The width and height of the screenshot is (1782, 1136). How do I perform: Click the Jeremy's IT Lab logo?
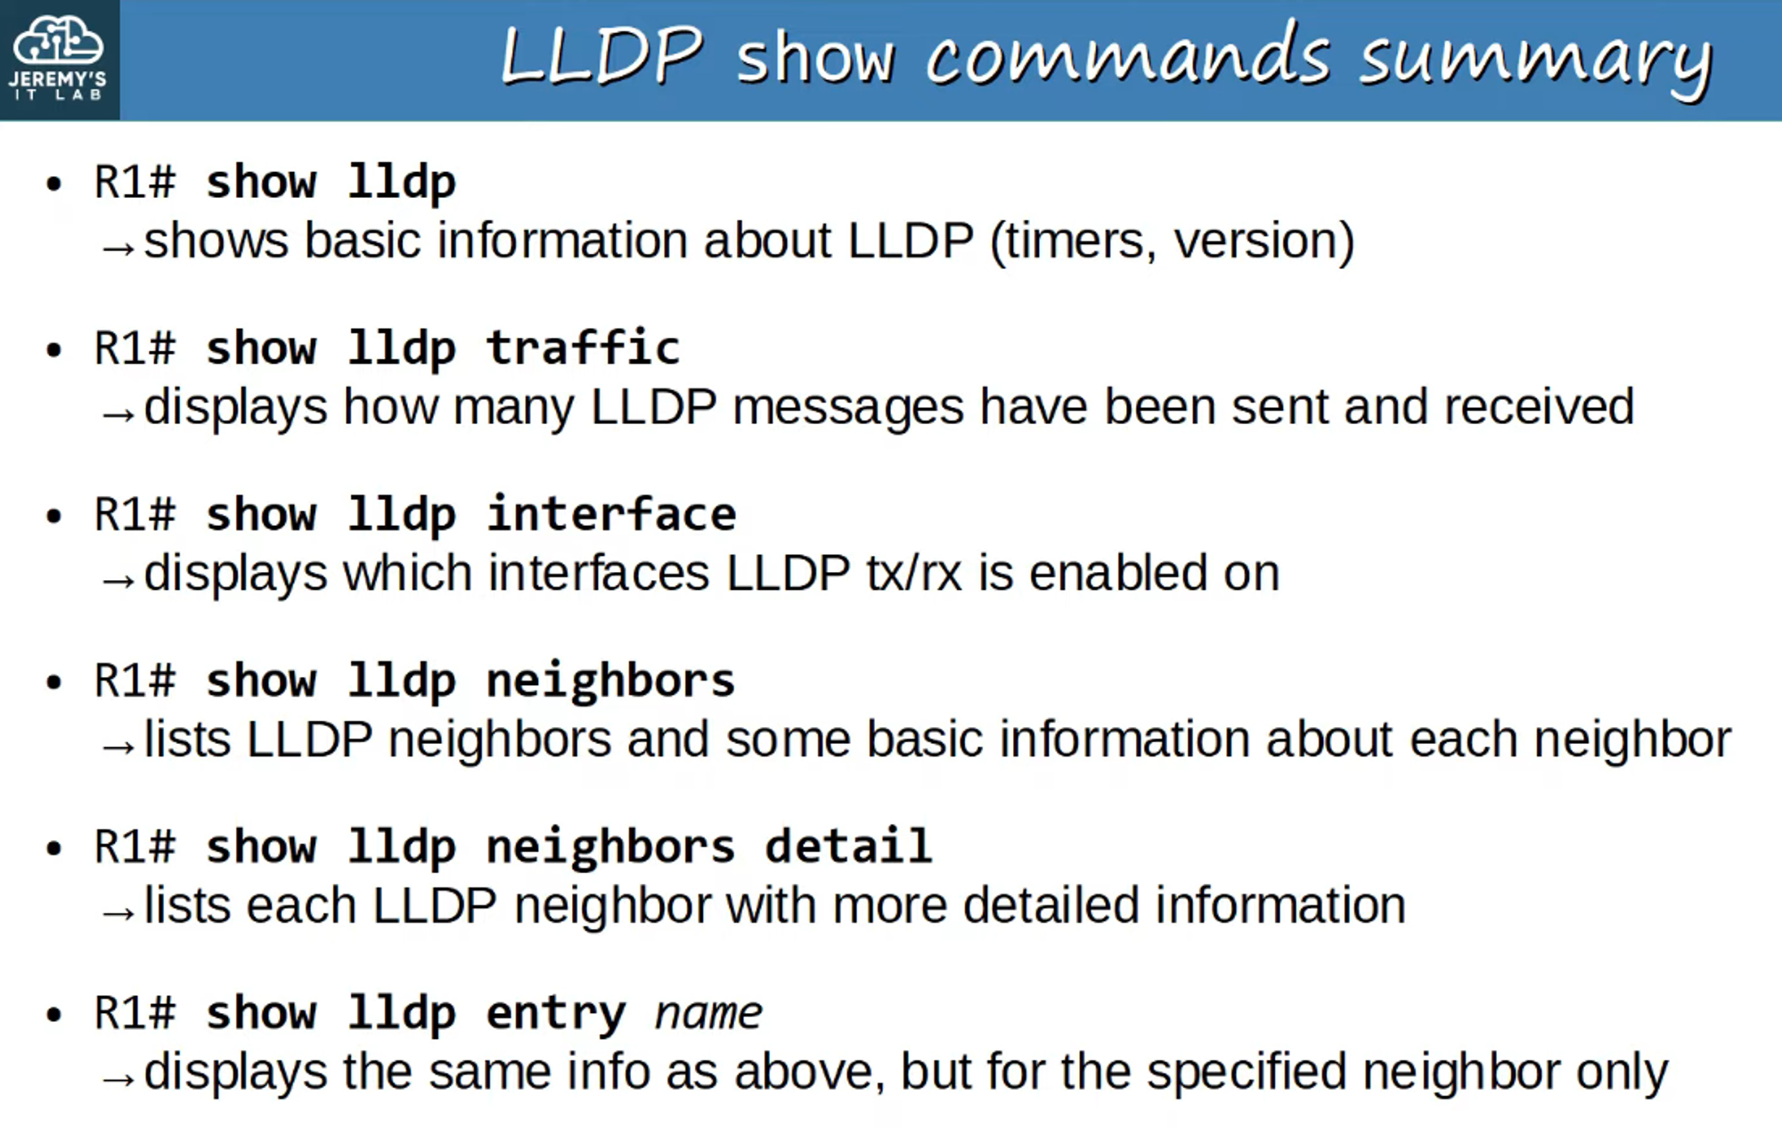tap(59, 59)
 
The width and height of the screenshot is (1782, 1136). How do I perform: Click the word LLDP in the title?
tap(602, 56)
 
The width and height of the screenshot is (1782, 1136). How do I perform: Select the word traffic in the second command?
tap(584, 347)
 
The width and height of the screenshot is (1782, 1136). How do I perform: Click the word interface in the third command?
tap(611, 514)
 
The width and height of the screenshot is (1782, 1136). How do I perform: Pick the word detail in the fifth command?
tap(848, 846)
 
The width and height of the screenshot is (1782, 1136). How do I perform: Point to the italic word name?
tap(708, 1013)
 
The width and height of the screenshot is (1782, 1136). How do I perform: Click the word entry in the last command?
tap(556, 1013)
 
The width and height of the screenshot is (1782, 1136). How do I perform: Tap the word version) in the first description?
tap(1264, 241)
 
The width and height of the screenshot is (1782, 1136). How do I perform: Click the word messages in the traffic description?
tap(847, 407)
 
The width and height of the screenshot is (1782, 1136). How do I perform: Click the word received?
tap(1539, 407)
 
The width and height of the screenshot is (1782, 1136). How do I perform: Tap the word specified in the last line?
tap(1246, 1072)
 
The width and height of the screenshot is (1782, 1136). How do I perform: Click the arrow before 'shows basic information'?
tap(118, 248)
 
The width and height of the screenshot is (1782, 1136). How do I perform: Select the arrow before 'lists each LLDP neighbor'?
tap(118, 913)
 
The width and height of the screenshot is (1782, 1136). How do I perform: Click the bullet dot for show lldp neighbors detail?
tap(54, 847)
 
